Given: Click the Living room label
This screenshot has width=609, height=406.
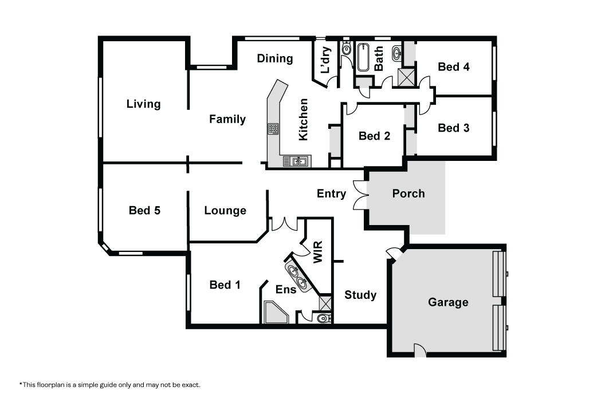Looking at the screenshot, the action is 143,104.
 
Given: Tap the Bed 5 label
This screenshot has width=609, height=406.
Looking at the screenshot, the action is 144,210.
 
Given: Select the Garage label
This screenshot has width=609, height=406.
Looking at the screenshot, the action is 448,302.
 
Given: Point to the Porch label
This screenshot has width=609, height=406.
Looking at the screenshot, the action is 408,194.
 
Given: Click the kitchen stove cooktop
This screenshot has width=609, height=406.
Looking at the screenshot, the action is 273,129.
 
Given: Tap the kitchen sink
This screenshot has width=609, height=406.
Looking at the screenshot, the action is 297,161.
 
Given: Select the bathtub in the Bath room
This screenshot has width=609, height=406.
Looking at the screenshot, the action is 364,57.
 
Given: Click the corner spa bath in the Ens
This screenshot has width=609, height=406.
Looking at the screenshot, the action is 276,312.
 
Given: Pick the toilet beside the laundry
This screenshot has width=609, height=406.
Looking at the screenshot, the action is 347,49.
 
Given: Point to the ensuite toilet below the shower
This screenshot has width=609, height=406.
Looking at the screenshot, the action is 324,318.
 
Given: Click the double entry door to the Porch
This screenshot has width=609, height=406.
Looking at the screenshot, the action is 360,195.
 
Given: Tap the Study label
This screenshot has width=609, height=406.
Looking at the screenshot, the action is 360,295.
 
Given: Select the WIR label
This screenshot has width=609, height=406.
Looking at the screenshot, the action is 318,252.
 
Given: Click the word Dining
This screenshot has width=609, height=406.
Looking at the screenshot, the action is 275,59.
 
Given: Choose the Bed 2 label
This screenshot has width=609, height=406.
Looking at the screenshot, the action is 375,136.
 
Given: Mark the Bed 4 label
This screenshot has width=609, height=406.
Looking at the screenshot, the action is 454,67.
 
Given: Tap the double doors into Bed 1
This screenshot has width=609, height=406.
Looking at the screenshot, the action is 284,224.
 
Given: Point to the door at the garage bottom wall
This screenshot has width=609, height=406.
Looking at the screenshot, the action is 420,350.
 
